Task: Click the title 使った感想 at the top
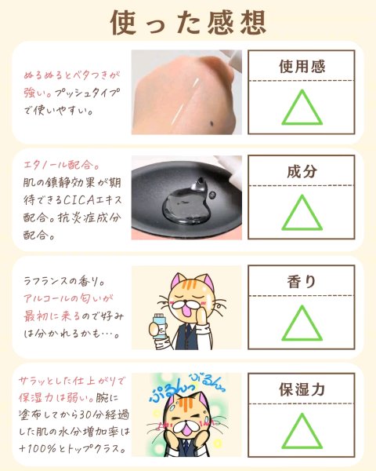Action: [188, 23]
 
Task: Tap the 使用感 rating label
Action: [302, 67]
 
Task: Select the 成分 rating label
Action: [302, 171]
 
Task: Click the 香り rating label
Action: [302, 282]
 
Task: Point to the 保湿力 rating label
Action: [302, 389]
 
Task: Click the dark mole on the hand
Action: [212, 123]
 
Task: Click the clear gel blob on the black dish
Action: [186, 204]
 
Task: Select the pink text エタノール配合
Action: [61, 165]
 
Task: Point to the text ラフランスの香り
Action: [64, 281]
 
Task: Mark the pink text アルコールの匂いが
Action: [68, 298]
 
